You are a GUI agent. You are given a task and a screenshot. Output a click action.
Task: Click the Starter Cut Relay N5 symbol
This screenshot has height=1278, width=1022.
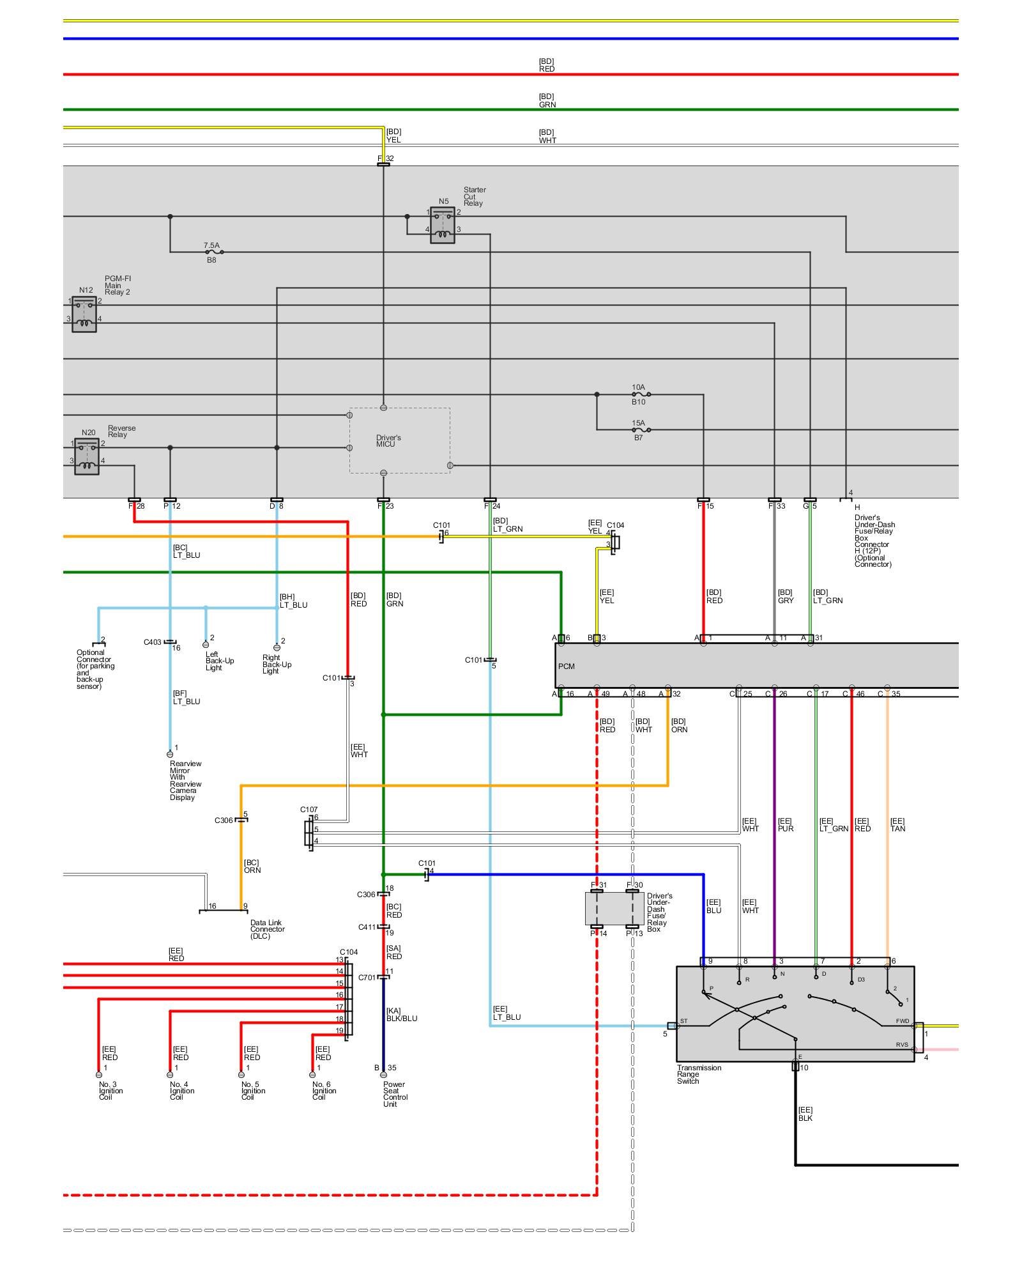(x=443, y=225)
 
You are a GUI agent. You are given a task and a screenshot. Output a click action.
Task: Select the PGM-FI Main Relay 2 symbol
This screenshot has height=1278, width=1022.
(x=84, y=314)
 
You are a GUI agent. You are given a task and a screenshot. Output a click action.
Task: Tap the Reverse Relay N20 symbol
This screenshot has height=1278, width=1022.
(x=87, y=456)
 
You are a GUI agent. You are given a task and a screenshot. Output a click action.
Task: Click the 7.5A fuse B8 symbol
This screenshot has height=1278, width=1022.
(x=211, y=252)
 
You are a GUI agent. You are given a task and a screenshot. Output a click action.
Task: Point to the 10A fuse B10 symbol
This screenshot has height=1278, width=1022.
(x=639, y=394)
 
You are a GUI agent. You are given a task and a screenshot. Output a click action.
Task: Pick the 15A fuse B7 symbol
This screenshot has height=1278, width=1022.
(x=639, y=430)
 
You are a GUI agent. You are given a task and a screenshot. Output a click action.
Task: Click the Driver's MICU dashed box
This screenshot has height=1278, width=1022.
(x=399, y=440)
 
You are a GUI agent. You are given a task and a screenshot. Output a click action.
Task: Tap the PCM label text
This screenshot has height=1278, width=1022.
(x=567, y=666)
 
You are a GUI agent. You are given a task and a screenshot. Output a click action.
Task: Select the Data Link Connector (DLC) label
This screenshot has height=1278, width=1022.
(x=267, y=929)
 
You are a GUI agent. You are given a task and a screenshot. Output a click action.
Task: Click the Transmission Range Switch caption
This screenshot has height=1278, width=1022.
(x=699, y=1074)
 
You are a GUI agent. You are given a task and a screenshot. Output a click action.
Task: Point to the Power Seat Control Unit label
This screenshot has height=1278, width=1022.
(x=395, y=1094)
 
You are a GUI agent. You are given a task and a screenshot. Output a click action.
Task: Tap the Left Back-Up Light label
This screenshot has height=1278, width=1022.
(x=220, y=661)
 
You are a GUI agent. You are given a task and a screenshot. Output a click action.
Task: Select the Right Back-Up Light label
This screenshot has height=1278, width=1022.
(x=277, y=664)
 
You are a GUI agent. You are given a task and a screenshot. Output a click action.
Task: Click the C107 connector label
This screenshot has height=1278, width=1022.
(x=309, y=810)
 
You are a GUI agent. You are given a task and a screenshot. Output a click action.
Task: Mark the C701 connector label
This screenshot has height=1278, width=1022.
(x=367, y=978)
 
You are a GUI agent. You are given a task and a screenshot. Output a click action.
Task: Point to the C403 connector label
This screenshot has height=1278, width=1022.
(x=152, y=642)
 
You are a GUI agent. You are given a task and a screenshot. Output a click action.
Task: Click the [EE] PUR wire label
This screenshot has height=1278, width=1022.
(x=784, y=825)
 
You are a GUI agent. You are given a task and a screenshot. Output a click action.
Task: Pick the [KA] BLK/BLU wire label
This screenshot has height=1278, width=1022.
(x=401, y=1015)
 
